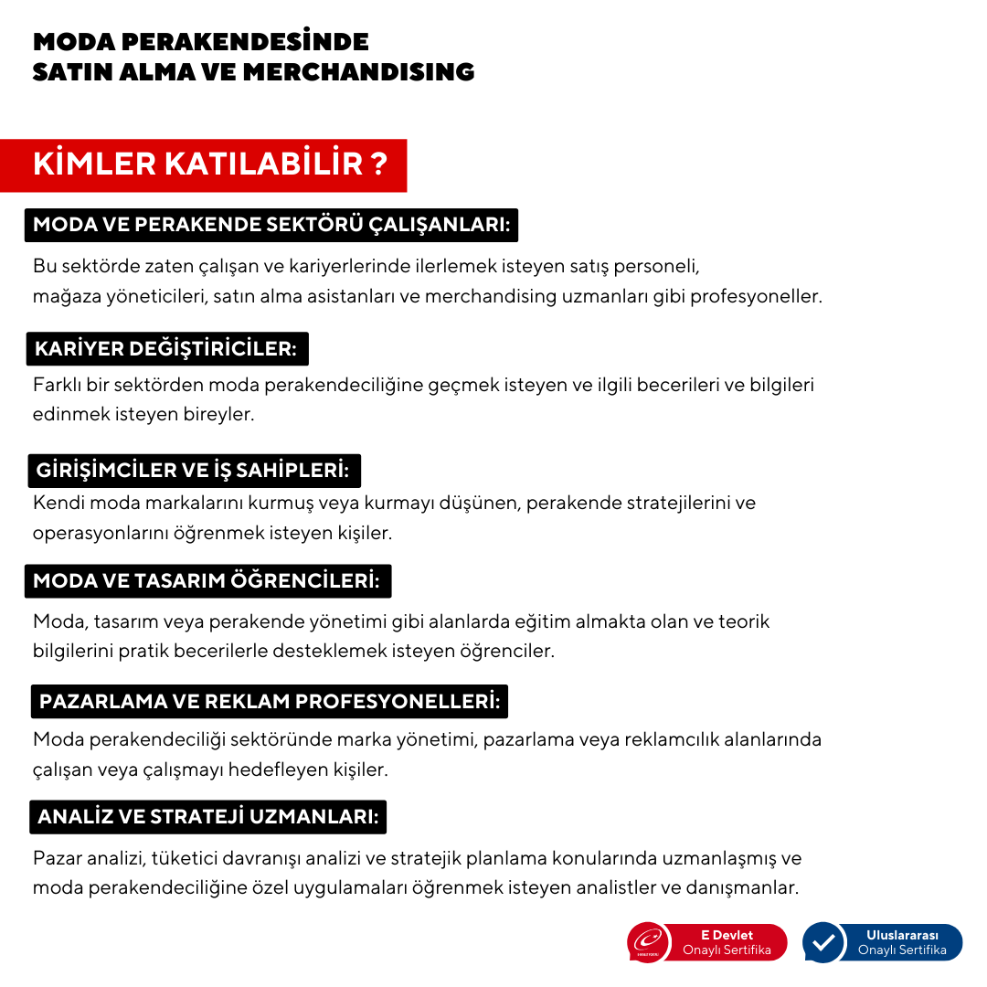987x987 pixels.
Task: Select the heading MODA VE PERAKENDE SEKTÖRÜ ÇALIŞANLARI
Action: pos(271,225)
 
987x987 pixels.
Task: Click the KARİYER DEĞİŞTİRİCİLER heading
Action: pos(165,349)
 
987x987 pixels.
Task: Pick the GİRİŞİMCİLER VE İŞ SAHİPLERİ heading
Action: pos(193,471)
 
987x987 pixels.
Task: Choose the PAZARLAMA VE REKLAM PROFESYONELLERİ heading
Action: pos(270,702)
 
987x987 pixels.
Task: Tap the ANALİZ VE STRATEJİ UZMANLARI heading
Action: pos(208,817)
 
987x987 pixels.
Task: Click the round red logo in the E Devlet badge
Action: pos(649,942)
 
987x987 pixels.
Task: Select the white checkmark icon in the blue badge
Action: pos(823,942)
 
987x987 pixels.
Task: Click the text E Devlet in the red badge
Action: pos(727,935)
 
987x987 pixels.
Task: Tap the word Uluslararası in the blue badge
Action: pos(902,935)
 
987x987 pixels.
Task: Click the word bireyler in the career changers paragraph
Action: pos(218,414)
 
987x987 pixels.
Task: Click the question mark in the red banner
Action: pos(378,165)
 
